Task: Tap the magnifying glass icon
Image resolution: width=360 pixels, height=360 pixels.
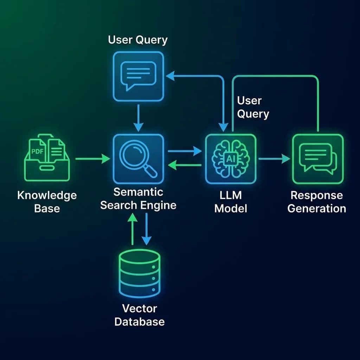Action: click(137, 159)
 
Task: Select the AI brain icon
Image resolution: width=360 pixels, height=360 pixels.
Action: click(231, 159)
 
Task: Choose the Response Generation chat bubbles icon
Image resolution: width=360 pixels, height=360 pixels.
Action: click(317, 159)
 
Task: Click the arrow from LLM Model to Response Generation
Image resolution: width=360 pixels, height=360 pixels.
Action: click(274, 159)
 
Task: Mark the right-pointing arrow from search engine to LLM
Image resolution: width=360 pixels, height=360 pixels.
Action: click(185, 151)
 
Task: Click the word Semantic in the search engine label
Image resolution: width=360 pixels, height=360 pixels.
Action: click(138, 192)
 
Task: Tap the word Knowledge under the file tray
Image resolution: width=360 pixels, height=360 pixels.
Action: click(47, 195)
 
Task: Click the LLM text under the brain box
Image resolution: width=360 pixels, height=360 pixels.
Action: click(231, 195)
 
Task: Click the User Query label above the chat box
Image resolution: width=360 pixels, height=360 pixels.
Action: click(137, 40)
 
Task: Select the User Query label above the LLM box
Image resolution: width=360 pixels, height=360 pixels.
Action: click(253, 107)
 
